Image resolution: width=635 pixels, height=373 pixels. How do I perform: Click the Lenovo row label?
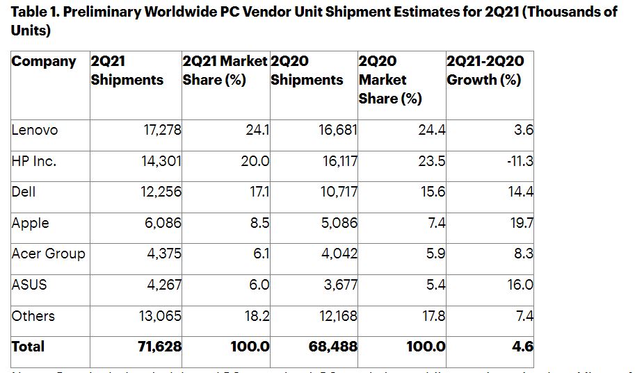[x=35, y=130]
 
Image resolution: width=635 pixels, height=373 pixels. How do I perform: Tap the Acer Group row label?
[x=49, y=254]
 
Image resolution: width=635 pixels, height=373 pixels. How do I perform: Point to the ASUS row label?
[x=29, y=284]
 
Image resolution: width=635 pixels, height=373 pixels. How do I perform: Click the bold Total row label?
[x=28, y=346]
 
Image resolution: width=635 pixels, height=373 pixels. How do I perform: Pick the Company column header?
[x=45, y=61]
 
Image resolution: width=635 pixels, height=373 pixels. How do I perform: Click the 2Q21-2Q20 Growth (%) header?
[x=485, y=70]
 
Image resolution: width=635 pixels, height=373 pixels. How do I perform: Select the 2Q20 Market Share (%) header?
[x=390, y=79]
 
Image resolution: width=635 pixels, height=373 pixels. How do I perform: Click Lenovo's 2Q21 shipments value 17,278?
[x=161, y=130]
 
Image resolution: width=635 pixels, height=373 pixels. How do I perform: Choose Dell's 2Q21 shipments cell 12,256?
[x=160, y=192]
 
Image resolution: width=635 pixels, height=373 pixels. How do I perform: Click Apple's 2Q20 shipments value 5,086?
[x=337, y=222]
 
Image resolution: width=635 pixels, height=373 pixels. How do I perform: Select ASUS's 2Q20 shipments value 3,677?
[x=337, y=284]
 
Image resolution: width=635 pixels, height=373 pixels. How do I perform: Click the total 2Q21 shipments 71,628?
[x=159, y=346]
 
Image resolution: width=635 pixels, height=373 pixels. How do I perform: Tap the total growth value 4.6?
[x=523, y=346]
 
